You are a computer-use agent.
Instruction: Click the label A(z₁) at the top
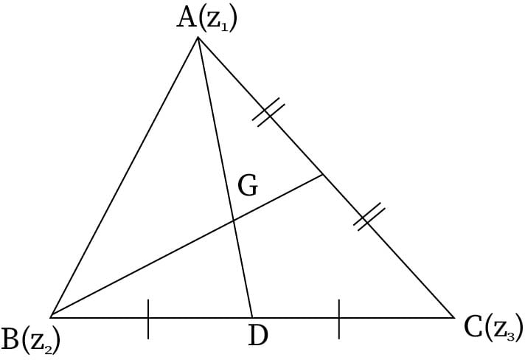(206, 18)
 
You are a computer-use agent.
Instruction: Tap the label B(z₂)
(31, 339)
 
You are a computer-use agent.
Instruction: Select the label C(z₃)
(493, 327)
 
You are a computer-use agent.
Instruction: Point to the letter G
(248, 187)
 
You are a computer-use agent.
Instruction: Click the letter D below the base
(257, 336)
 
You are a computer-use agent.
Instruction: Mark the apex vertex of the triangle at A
(198, 36)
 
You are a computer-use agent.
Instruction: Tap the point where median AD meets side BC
(252, 317)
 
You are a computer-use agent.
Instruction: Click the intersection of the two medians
(234, 220)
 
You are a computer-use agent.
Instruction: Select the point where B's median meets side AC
(323, 175)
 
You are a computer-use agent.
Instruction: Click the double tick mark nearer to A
(269, 113)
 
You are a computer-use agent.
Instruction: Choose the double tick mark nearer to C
(370, 218)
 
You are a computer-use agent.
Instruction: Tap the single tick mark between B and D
(148, 318)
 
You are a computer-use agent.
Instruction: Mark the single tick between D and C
(339, 318)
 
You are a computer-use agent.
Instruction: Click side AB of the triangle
(124, 177)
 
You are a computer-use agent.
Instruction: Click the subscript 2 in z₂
(49, 345)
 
